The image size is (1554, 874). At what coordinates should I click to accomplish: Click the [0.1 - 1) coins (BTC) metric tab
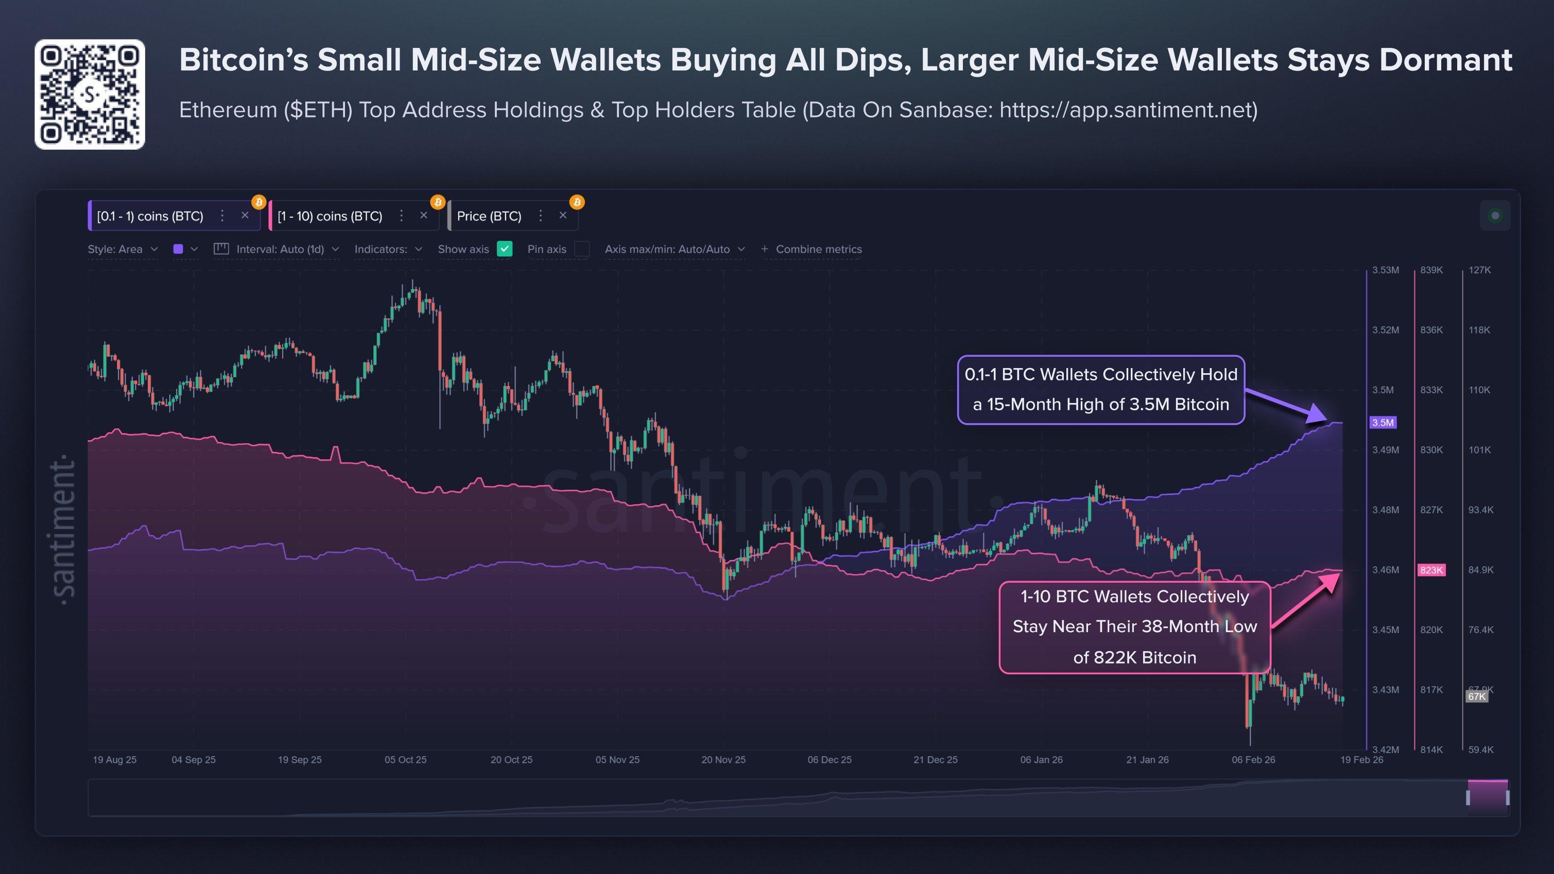click(150, 216)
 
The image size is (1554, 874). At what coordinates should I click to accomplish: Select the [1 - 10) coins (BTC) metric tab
click(330, 216)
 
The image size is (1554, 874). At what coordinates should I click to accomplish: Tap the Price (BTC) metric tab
click(489, 216)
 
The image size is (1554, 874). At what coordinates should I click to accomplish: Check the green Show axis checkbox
click(504, 249)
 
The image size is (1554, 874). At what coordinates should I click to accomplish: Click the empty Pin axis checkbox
click(581, 249)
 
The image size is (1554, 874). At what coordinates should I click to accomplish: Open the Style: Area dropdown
click(123, 249)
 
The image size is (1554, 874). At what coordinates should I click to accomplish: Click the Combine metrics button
click(811, 249)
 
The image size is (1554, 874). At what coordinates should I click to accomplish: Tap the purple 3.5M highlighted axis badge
click(1383, 422)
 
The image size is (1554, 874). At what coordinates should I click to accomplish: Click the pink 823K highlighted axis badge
click(1431, 570)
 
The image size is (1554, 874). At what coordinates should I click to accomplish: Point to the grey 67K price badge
click(1476, 696)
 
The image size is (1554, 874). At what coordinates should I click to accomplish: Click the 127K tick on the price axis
click(1479, 270)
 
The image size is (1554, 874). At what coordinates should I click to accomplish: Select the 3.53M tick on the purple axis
click(1385, 270)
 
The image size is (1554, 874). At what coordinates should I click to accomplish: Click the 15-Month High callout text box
click(1100, 390)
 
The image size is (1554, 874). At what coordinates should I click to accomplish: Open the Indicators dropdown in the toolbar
click(388, 249)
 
